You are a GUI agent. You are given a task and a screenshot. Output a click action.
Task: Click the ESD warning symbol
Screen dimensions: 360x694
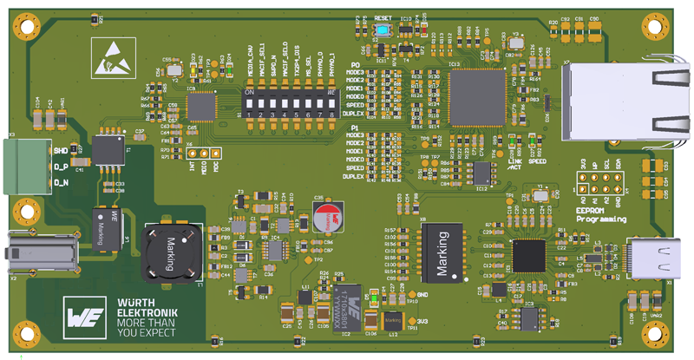tap(107, 55)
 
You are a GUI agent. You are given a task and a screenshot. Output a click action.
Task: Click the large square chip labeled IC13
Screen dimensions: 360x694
tap(476, 96)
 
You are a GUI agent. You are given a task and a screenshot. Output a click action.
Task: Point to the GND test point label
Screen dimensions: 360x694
tap(423, 295)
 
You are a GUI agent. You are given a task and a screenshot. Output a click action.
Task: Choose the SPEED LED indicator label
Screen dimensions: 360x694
tap(537, 161)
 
